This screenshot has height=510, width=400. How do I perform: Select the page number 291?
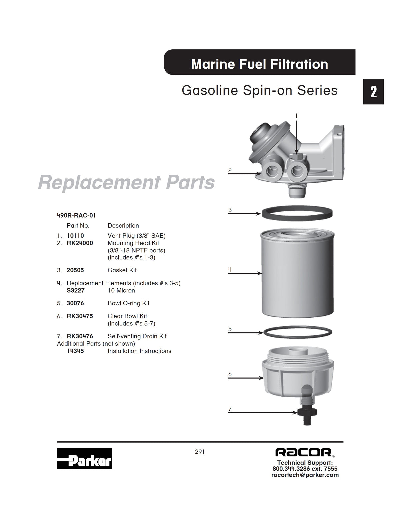(x=200, y=452)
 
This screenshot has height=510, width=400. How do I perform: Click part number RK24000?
(x=80, y=243)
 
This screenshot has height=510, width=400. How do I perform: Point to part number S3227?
(x=76, y=290)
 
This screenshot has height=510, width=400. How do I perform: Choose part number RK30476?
(x=80, y=336)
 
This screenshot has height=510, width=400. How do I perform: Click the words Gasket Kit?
(x=122, y=270)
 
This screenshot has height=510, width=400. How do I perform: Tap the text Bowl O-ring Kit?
(x=128, y=303)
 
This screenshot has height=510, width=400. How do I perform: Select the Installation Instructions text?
(x=139, y=351)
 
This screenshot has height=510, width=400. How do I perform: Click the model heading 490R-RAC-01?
(x=76, y=215)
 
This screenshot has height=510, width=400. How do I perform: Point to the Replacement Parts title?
(x=126, y=182)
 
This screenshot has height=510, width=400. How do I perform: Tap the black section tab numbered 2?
(x=373, y=92)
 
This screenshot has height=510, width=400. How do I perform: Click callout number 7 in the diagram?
(x=230, y=409)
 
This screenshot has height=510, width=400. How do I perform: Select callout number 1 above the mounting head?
(x=296, y=116)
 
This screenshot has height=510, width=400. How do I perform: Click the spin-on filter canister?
(x=297, y=274)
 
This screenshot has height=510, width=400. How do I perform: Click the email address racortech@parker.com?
(x=305, y=475)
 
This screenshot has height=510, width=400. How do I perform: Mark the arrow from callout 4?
(x=245, y=273)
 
